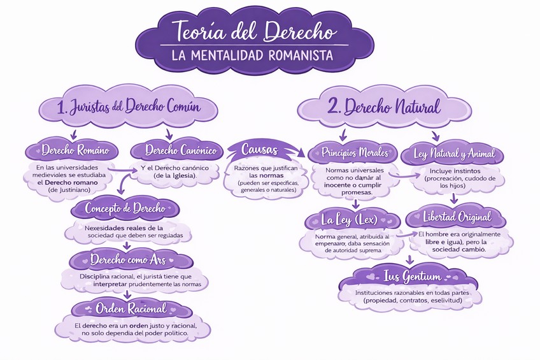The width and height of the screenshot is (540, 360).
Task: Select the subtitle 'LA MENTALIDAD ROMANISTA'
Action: [253, 55]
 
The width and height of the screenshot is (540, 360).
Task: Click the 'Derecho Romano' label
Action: [71, 151]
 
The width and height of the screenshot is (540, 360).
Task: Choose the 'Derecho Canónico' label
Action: [176, 151]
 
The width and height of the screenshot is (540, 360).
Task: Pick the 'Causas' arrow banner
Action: [258, 150]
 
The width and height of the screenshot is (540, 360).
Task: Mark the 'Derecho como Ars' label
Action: [129, 259]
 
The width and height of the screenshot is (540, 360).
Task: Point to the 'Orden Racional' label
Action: [131, 308]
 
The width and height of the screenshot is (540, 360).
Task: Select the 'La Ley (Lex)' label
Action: [349, 220]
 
